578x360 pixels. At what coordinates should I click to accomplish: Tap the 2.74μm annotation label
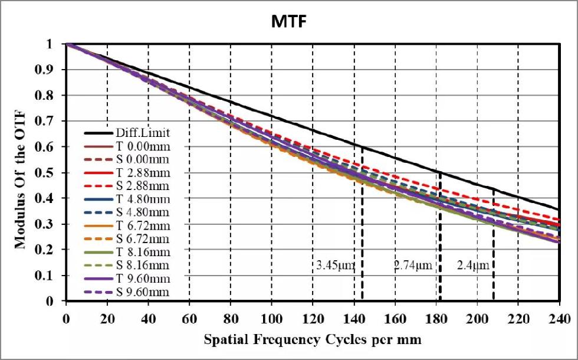(413, 266)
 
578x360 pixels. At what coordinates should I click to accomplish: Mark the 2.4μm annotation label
(473, 266)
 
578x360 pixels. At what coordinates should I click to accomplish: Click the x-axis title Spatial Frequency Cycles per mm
(313, 341)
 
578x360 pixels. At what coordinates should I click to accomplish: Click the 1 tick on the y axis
(56, 44)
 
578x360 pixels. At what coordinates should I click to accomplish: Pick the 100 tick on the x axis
(271, 319)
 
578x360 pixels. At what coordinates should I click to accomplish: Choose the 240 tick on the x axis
(559, 319)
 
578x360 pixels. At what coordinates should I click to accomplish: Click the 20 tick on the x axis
(107, 319)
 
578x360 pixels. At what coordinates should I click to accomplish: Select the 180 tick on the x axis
(436, 319)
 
